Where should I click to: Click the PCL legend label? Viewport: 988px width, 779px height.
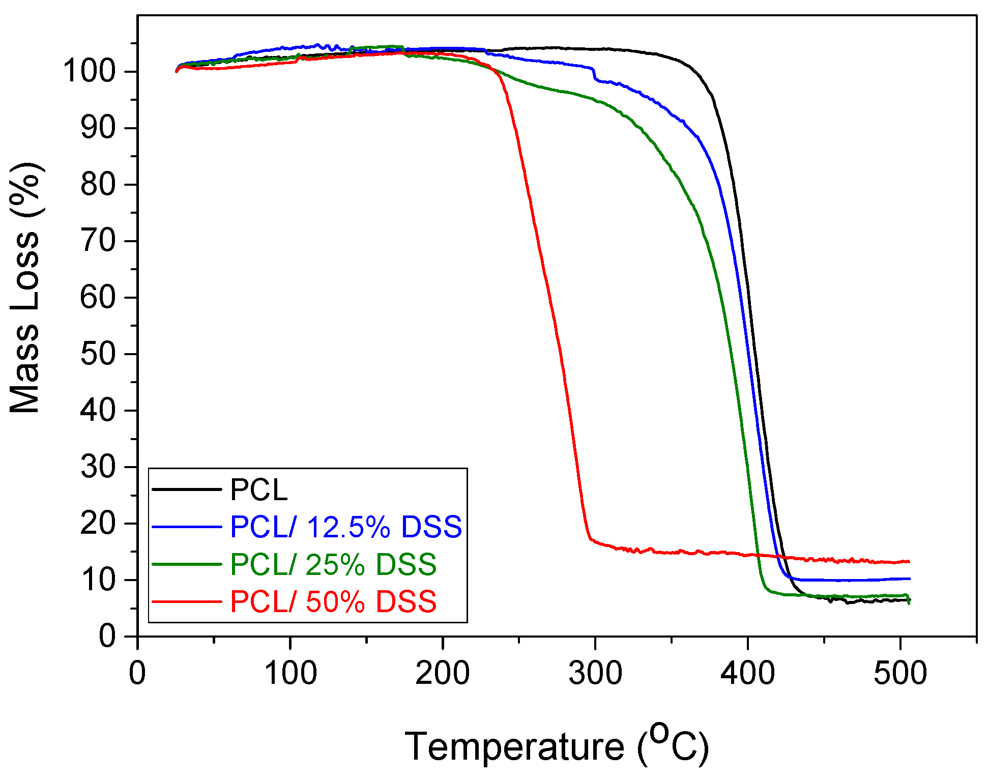pos(259,489)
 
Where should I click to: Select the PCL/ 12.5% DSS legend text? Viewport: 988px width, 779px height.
pos(346,527)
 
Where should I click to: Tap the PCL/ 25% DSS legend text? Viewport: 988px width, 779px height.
pos(333,564)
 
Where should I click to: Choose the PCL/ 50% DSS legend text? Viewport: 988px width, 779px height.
pos(333,602)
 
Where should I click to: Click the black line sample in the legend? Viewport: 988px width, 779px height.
pos(187,489)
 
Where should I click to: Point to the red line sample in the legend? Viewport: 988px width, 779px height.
pos(187,601)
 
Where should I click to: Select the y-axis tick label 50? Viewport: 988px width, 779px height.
pos(98,354)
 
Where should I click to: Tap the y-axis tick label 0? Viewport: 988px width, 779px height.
pos(107,636)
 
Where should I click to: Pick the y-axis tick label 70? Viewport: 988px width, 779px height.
pos(98,241)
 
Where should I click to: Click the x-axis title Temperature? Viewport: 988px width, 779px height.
pos(514,747)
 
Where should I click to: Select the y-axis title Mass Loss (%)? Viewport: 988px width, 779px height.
pos(25,287)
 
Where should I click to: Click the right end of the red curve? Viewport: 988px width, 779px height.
pos(909,561)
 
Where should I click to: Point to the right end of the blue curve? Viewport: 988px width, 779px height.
pos(910,579)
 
